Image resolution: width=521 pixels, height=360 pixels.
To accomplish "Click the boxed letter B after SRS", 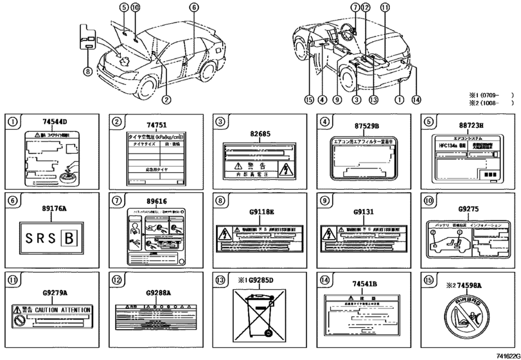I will click(67, 239).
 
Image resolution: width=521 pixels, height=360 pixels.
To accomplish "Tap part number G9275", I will click(468, 209).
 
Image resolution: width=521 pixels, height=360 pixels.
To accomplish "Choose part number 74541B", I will click(364, 283).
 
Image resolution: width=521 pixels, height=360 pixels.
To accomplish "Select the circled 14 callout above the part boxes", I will click(417, 100).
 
